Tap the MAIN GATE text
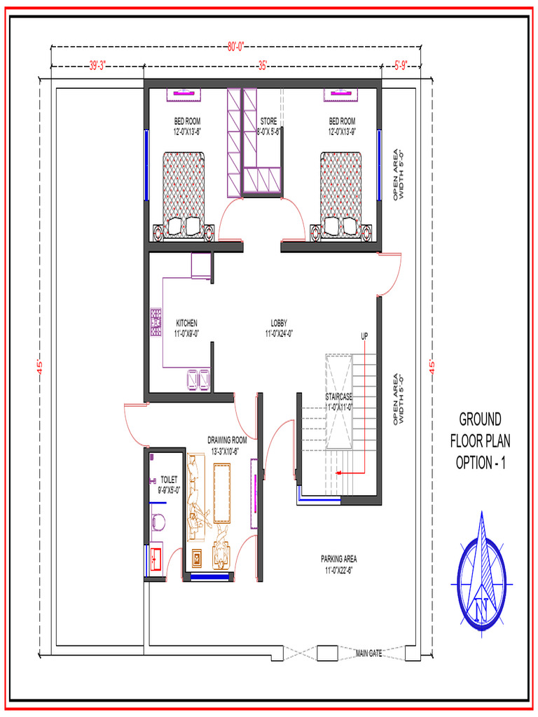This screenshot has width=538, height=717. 368,653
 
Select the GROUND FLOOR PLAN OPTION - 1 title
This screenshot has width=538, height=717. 480,441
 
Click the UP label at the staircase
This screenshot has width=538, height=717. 364,336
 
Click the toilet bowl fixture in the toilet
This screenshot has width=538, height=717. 158,522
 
